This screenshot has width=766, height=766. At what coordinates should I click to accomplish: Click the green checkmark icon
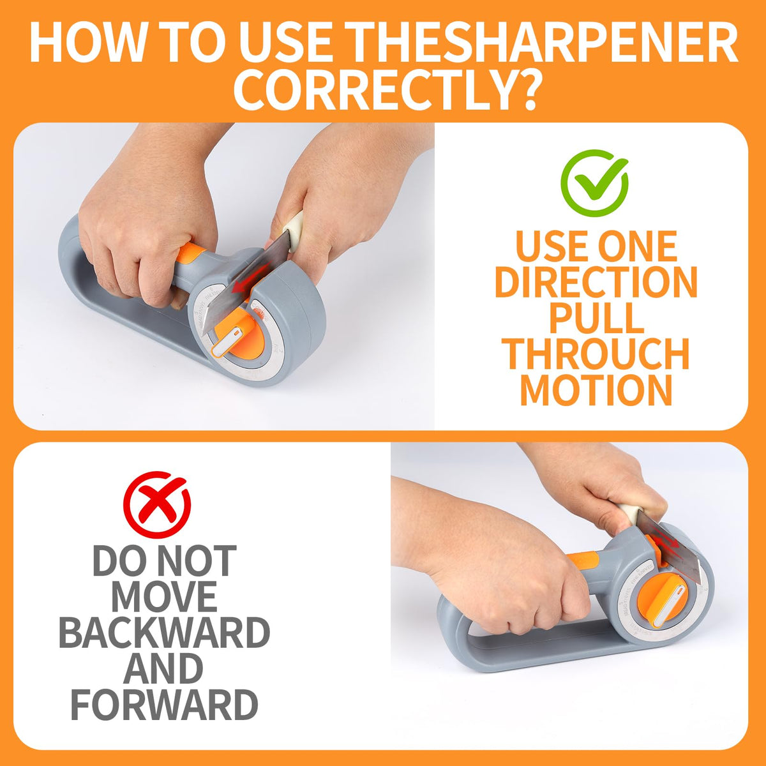(x=594, y=183)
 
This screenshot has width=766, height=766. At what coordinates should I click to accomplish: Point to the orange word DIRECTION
(x=596, y=282)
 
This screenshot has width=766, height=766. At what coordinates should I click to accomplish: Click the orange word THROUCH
(x=596, y=354)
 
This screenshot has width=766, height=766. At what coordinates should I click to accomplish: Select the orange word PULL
(x=596, y=318)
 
